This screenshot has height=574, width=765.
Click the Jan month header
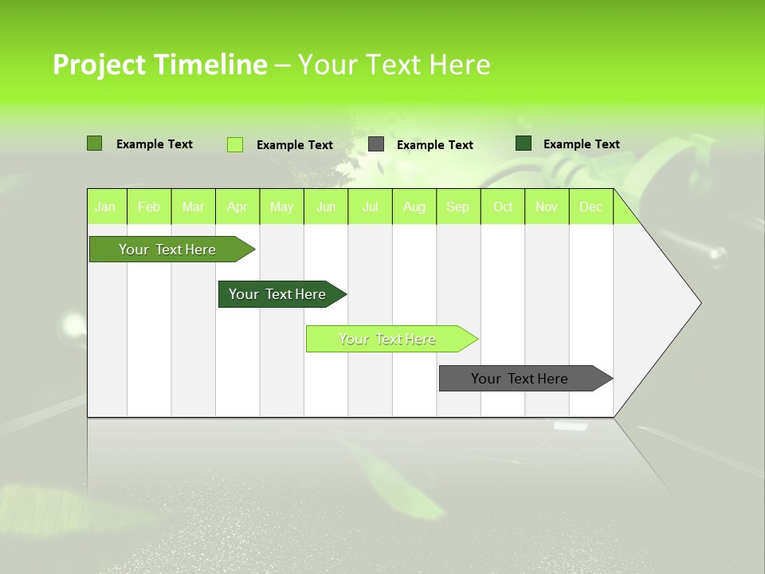[x=105, y=207]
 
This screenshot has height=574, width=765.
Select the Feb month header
[x=149, y=207]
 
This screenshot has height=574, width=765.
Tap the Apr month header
[x=237, y=207]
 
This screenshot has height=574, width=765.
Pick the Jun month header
[x=326, y=207]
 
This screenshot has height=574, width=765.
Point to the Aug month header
[x=414, y=207]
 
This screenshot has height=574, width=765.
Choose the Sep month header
[x=458, y=207]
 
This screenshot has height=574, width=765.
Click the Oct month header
[x=503, y=207]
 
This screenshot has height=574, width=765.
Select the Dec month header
[x=591, y=207]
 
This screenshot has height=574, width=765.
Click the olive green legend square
[x=94, y=143]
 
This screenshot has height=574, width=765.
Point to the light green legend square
[x=235, y=144]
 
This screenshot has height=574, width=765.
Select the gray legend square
[x=376, y=144]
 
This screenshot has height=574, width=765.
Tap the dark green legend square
[x=524, y=143]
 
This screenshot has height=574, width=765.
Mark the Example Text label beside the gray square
[x=435, y=145]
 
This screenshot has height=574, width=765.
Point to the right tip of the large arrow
[x=700, y=303]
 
